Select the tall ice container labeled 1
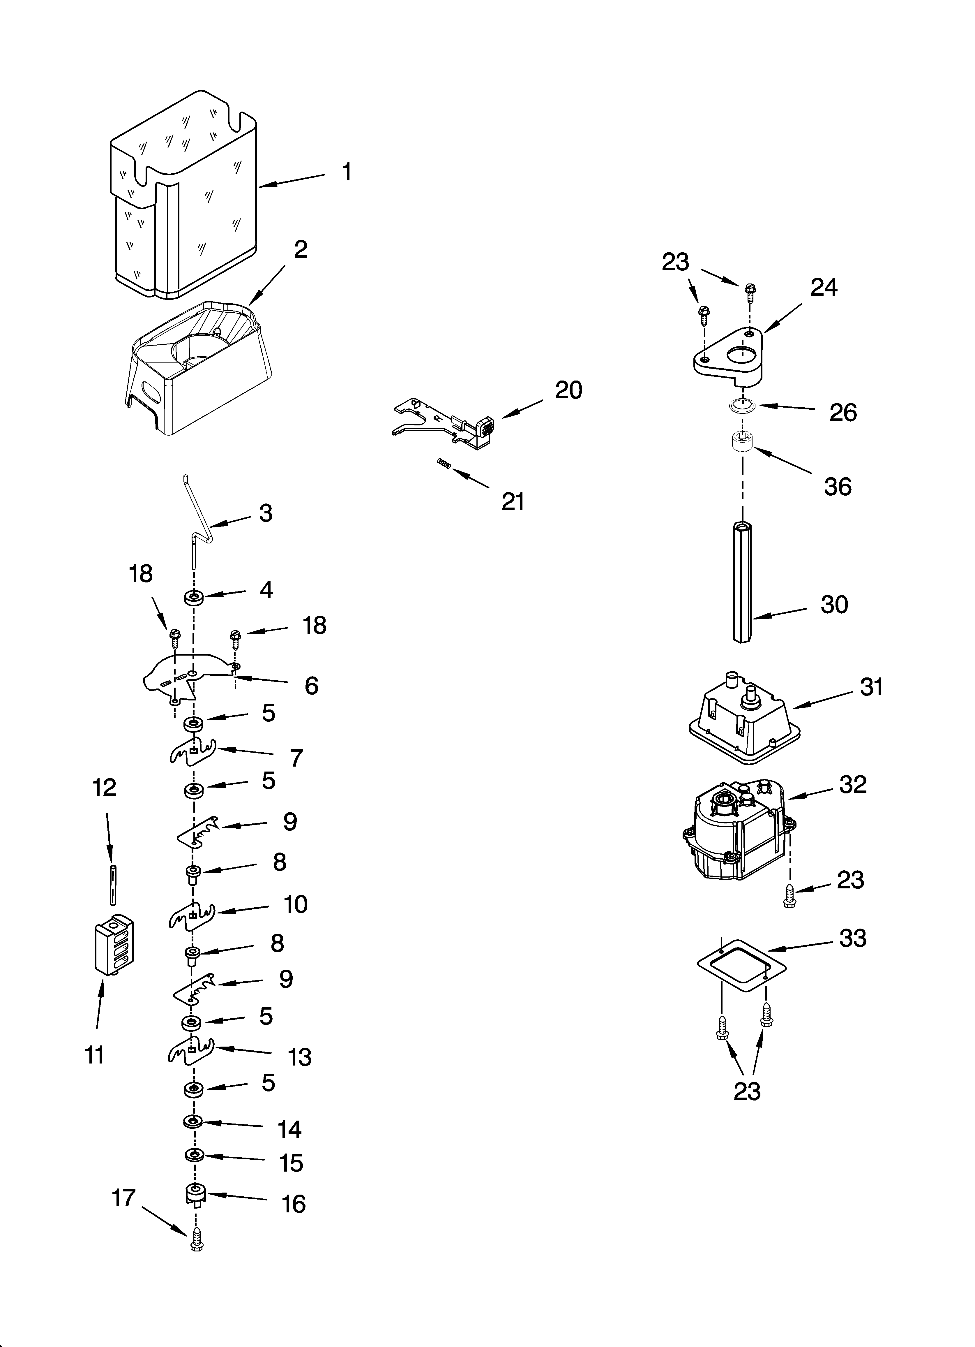184,196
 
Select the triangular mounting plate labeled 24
729,356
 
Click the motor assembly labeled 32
736,837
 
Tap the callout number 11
95,1055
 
